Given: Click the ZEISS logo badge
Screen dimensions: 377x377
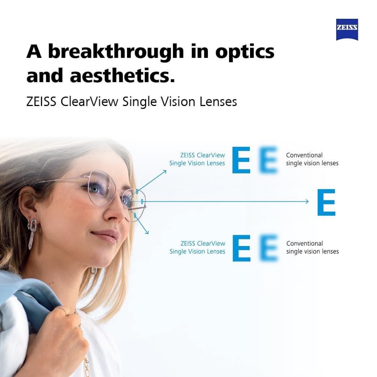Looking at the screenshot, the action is (x=347, y=29).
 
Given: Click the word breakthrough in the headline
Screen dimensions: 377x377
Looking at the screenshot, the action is (x=116, y=52).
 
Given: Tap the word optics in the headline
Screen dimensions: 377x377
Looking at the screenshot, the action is (x=245, y=52).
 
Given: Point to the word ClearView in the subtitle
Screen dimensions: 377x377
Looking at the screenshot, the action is (x=89, y=102).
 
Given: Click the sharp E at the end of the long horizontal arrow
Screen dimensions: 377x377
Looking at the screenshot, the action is (x=326, y=202).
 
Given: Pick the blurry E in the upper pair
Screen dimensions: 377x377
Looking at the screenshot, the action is (x=268, y=160).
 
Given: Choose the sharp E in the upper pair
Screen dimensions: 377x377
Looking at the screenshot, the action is (x=241, y=160).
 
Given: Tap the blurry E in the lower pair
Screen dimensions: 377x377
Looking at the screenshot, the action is (x=269, y=248).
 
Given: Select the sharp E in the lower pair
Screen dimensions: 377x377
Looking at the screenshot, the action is (x=242, y=248).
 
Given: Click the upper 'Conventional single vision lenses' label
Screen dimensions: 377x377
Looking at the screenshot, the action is (x=312, y=159).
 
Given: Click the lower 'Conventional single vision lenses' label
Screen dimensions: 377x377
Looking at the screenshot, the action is (x=312, y=247).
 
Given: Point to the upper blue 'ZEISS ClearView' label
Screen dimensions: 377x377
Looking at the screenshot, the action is (x=202, y=155).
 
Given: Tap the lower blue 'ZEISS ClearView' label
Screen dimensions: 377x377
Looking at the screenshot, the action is (x=203, y=243).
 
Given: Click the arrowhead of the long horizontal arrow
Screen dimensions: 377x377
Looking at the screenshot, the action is (x=307, y=201).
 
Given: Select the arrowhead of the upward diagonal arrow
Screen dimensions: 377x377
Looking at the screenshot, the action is (x=165, y=172).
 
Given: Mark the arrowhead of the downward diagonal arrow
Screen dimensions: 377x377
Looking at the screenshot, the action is (x=147, y=232).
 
